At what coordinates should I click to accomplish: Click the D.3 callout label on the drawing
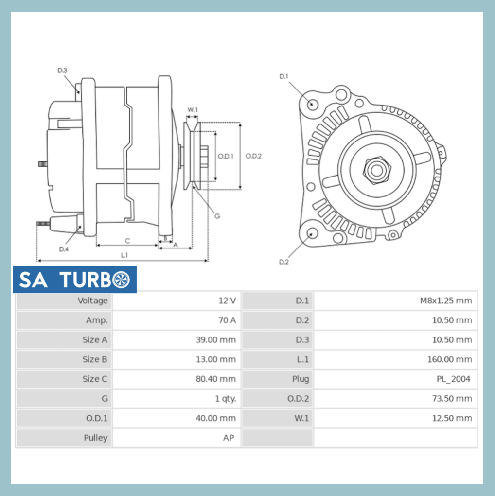pos(62,71)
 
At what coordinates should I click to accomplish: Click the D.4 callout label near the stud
pos(64,249)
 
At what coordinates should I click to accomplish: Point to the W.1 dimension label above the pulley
pos(193,110)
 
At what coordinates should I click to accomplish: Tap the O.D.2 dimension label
pos(253,156)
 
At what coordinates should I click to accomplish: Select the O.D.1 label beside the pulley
pos(226,156)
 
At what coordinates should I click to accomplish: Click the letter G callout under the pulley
pos(217,216)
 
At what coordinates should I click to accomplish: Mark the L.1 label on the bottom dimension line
pos(124,255)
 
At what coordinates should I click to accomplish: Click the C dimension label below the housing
pos(127,241)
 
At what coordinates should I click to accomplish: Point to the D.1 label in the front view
pos(283,76)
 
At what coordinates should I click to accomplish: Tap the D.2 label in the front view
pos(283,262)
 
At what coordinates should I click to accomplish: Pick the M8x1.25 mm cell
pos(445,301)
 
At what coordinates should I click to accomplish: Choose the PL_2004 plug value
pos(453,379)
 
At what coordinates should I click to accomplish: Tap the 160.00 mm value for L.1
pos(452,359)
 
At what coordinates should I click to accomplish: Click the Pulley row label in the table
pos(95,438)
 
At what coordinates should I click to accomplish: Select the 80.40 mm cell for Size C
pos(215,379)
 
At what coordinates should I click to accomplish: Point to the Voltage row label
pos(92,301)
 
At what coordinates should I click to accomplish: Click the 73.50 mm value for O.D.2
pos(452,399)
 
